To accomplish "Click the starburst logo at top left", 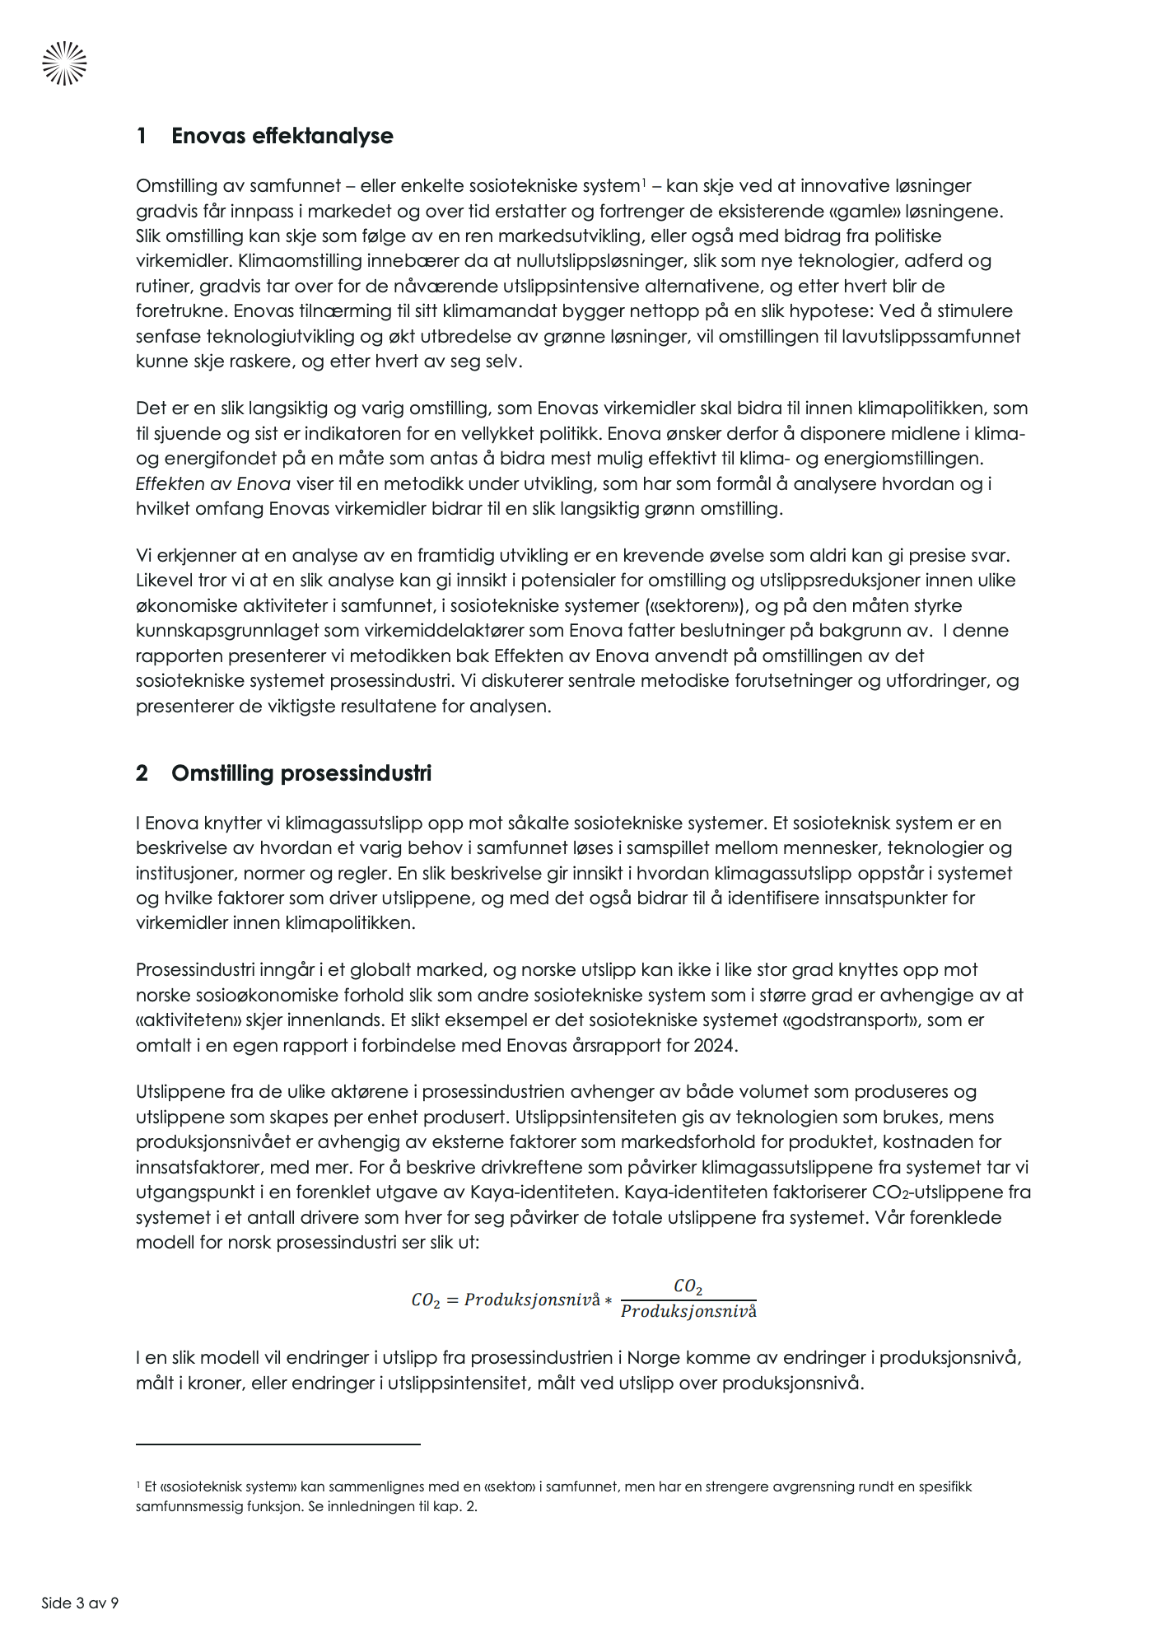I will click(64, 63).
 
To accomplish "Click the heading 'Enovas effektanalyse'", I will click(282, 136).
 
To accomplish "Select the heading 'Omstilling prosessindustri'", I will click(301, 773).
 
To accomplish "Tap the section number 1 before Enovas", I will click(142, 136).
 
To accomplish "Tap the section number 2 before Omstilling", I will click(142, 773).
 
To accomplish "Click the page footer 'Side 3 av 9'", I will click(80, 1603).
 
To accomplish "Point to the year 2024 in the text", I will click(716, 1045).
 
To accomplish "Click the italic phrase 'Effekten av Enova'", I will click(213, 483).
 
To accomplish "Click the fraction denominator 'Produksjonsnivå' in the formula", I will click(688, 1311).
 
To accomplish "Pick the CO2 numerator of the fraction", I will click(688, 1286).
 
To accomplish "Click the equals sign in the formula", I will click(452, 1300).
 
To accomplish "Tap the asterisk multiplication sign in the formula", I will click(609, 1300).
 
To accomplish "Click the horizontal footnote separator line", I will click(278, 1444).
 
